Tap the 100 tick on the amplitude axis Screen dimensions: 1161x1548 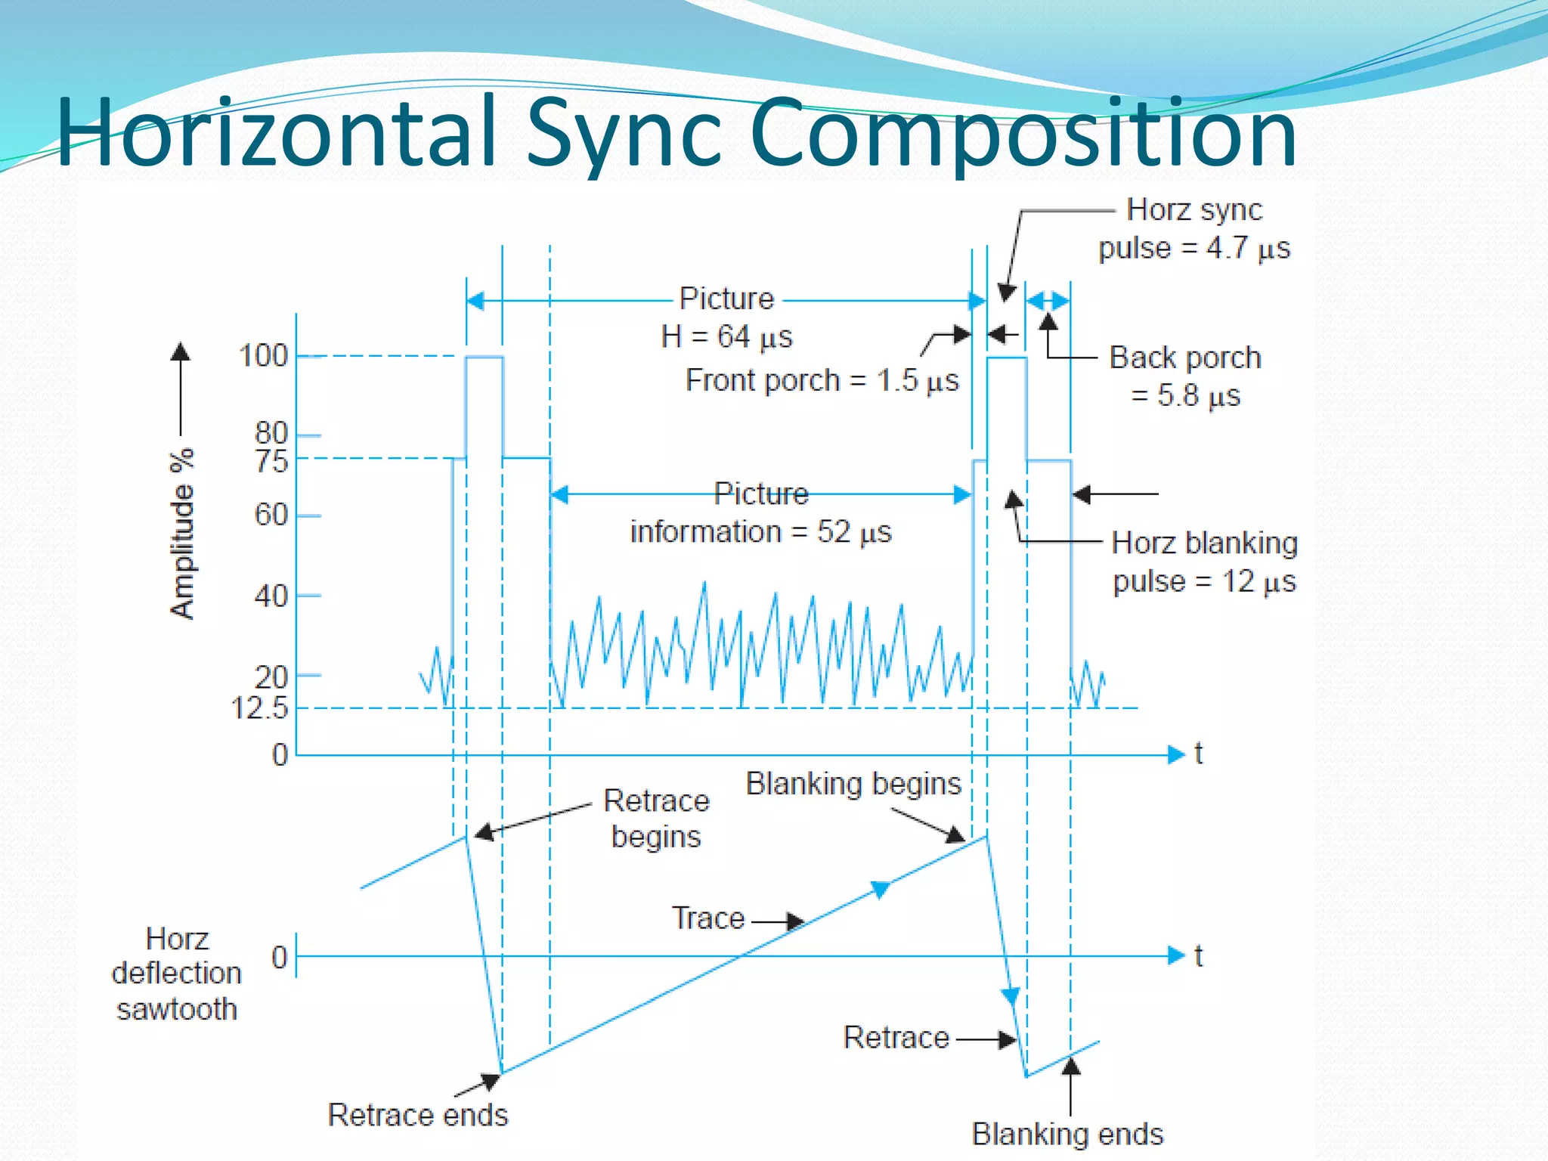pos(264,355)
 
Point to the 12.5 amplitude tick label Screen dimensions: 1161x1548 pos(259,708)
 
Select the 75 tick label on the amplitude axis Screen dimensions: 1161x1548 pos(271,460)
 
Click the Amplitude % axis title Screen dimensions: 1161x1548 pos(182,534)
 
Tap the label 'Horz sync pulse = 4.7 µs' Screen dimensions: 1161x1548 pos(1194,228)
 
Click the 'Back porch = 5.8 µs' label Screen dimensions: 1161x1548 pos(1185,376)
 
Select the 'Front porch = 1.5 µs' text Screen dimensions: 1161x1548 pos(822,380)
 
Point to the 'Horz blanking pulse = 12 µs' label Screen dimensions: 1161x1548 pos(1205,562)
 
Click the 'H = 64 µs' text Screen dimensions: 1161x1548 pos(726,336)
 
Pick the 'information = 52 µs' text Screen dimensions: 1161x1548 pos(760,531)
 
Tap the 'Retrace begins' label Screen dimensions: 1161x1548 pos(656,818)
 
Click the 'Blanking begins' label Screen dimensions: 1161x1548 pos(853,783)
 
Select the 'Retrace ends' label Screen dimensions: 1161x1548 pos(418,1115)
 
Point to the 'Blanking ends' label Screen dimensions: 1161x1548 pos(1067,1134)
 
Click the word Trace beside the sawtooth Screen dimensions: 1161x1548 pos(708,918)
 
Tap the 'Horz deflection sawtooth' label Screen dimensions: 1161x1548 pos(177,974)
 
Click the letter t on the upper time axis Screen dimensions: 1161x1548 pos(1198,754)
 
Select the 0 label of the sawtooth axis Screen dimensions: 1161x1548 pos(280,957)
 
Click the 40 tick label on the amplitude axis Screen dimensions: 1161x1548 pos(271,596)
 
